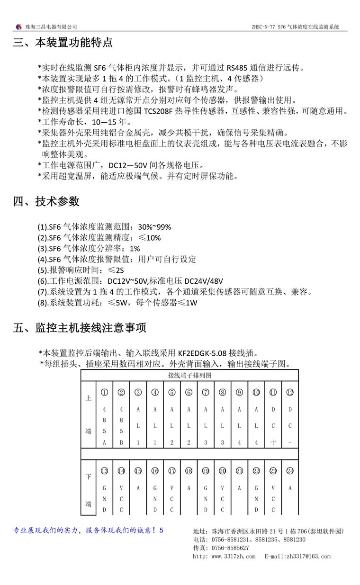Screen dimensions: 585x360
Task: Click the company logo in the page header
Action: [18, 27]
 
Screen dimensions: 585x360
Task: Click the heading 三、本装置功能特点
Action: [63, 43]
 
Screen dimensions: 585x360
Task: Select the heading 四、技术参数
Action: [46, 201]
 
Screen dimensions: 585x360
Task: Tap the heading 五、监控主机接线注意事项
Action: [80, 328]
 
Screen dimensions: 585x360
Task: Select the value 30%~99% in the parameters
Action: [154, 227]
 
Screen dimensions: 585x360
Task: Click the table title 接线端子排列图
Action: [189, 375]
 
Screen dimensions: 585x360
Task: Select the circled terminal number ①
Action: [104, 392]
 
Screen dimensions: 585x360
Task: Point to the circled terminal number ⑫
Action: [290, 392]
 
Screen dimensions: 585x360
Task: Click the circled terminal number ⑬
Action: [104, 471]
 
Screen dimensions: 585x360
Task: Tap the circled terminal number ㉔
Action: [290, 471]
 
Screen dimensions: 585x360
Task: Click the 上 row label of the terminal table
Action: [88, 398]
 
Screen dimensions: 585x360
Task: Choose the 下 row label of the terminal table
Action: [88, 477]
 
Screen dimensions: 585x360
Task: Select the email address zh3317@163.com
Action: [306, 556]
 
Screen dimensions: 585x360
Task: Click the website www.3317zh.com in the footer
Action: [233, 556]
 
